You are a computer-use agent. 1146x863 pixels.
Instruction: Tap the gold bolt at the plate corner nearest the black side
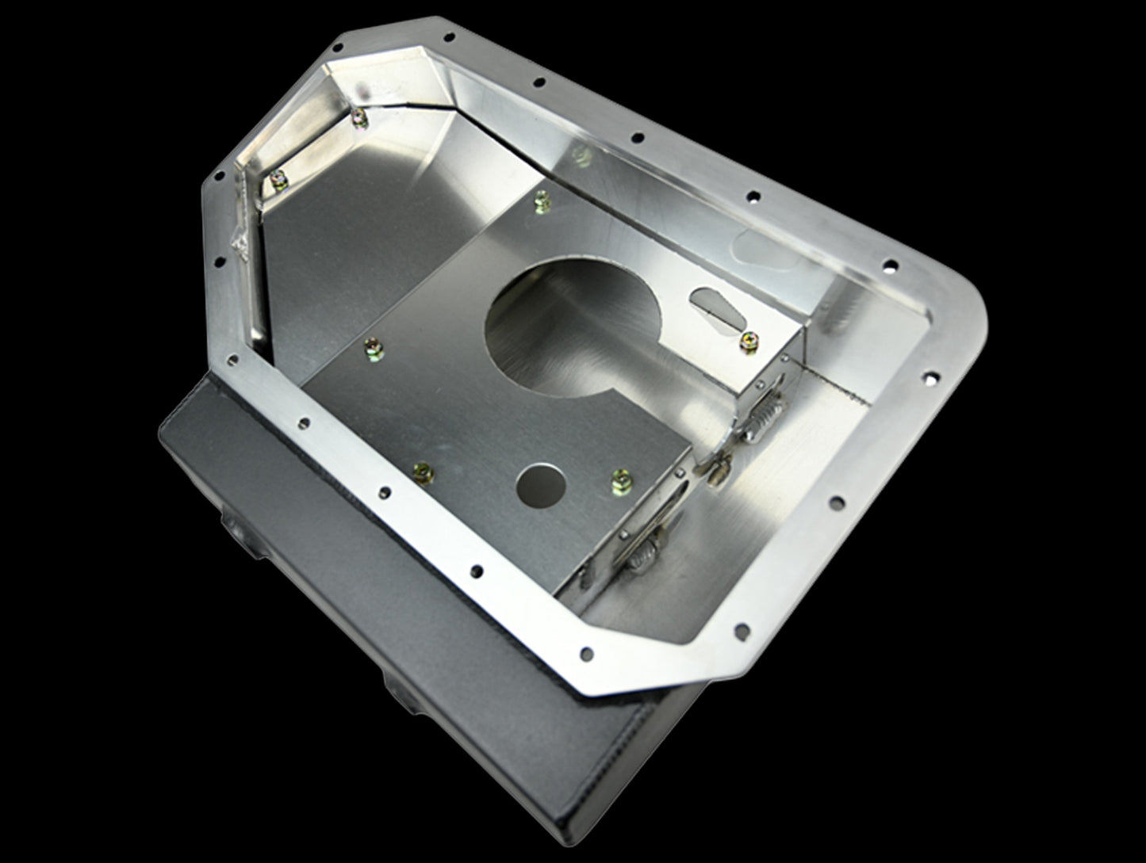(x=424, y=472)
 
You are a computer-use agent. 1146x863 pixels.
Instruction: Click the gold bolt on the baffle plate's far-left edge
(x=370, y=346)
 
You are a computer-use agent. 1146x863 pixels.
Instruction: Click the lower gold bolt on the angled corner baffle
(x=279, y=180)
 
